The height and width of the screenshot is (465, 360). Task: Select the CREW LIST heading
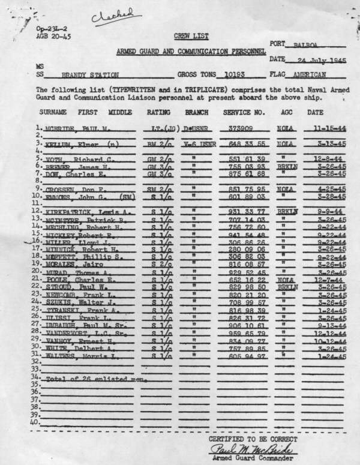click(x=186, y=37)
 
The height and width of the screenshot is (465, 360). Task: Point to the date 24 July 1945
click(x=314, y=60)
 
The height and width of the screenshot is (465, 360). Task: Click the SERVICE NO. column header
click(x=244, y=112)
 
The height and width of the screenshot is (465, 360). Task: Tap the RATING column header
click(x=158, y=112)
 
